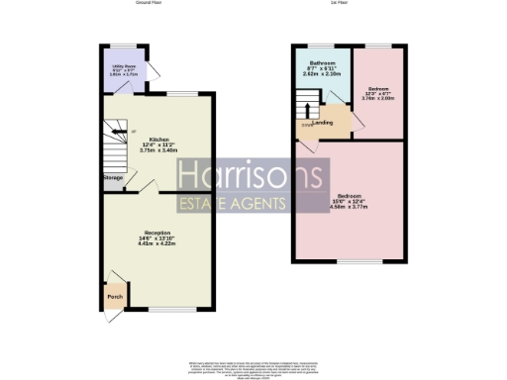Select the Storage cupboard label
coord(112,178)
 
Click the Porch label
coord(110,293)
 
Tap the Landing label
coord(323,121)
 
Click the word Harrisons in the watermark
coord(252,177)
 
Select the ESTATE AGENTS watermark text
coord(232,205)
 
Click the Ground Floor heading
coord(149,4)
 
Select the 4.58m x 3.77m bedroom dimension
coord(348,206)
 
